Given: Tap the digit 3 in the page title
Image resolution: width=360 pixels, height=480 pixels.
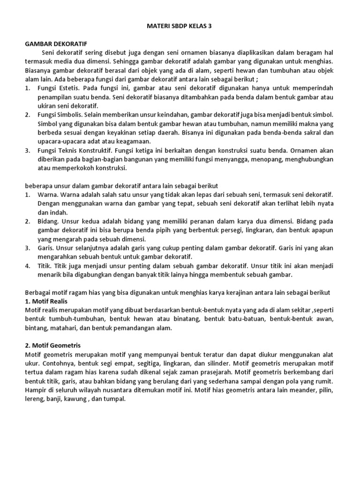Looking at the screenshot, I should [210, 26].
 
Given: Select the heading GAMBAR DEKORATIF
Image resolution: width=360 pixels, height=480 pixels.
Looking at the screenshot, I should [51, 43].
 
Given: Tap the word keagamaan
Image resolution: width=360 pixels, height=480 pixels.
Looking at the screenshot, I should [134, 142].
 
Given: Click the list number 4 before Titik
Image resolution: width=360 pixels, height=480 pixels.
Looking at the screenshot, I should [27, 265].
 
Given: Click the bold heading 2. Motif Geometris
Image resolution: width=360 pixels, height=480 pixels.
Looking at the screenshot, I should [52, 345].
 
